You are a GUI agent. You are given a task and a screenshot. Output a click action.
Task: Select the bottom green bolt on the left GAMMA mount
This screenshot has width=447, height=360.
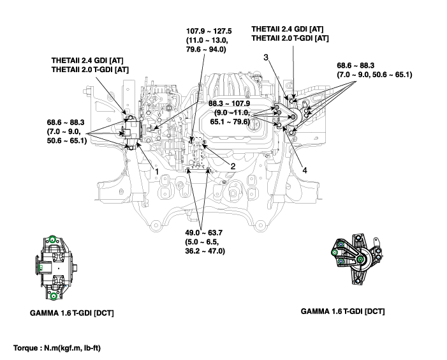[x=54, y=296]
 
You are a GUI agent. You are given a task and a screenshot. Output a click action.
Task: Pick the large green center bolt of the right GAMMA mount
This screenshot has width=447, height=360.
[x=361, y=260]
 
